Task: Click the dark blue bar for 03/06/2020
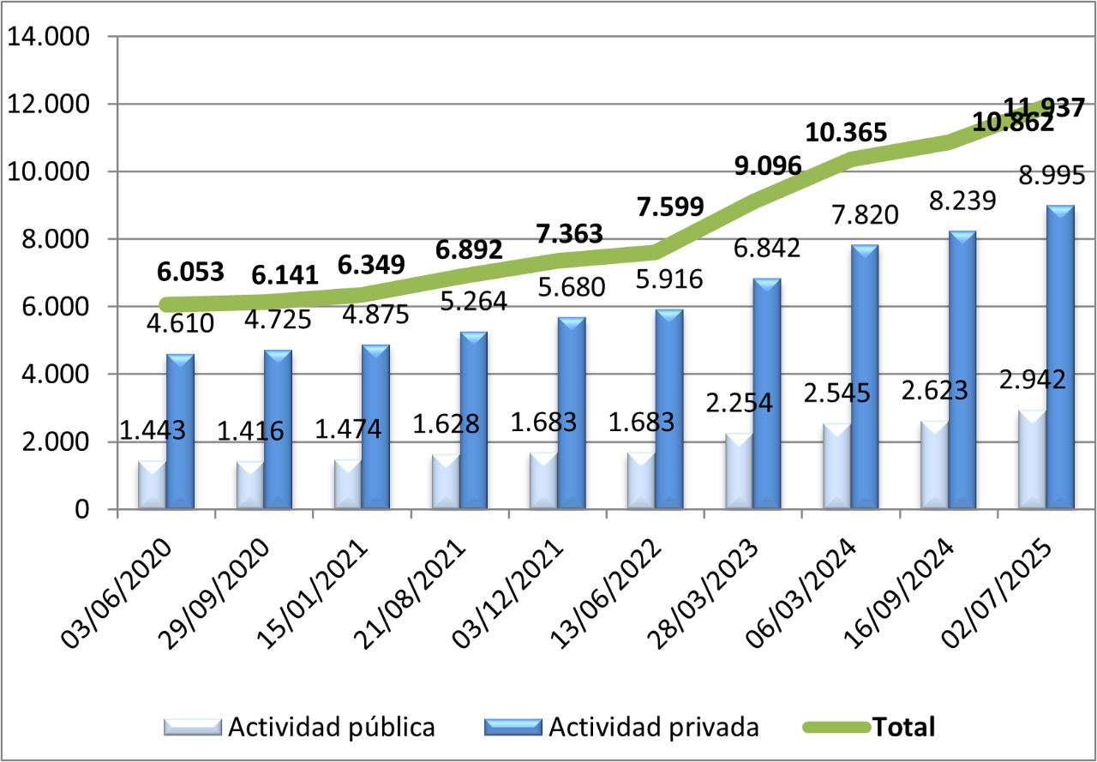180,431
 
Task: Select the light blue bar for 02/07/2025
1032,460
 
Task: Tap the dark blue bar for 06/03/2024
865,377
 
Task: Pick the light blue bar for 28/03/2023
739,471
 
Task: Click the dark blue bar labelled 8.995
1060,357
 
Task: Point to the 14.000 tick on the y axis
49,37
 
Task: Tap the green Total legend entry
903,728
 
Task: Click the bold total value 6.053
190,272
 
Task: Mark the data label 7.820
865,213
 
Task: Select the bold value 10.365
846,132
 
